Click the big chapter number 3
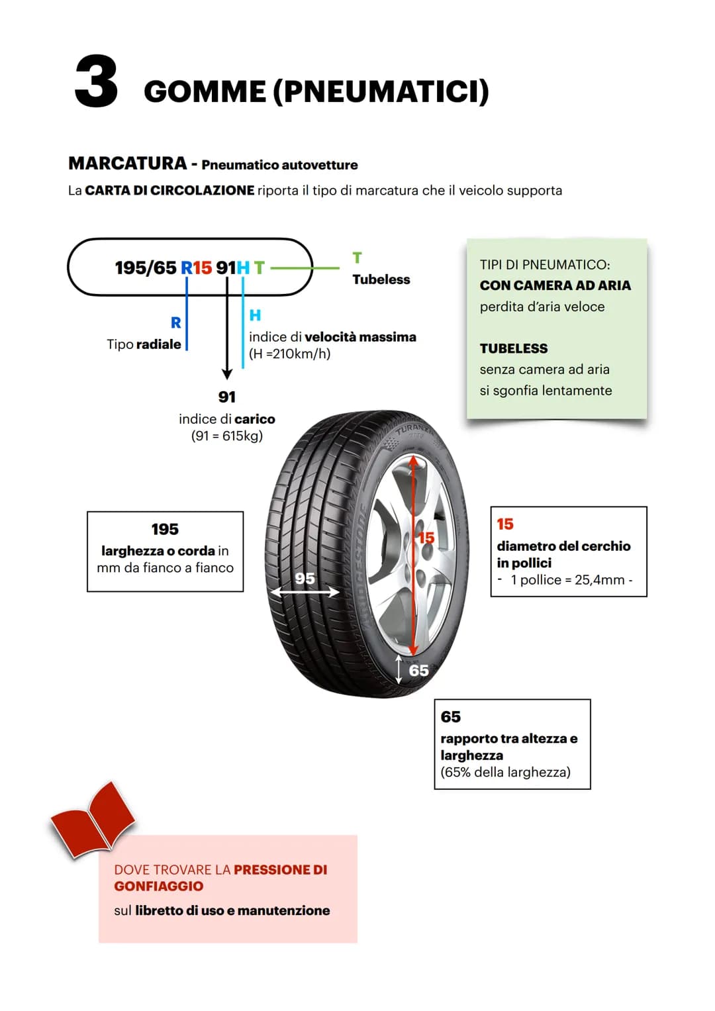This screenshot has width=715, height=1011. tap(96, 81)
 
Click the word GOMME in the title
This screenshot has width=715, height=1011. tap(205, 91)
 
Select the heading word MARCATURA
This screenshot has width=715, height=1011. tap(128, 164)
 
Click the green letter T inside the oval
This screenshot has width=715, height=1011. tap(259, 267)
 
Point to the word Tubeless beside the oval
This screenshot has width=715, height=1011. tap(381, 279)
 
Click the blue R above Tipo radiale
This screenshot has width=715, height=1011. tap(175, 322)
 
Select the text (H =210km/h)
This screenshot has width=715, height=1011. tap(290, 354)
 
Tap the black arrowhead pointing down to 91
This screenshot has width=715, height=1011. tap(227, 374)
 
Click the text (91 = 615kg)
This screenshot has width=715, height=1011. tap(227, 436)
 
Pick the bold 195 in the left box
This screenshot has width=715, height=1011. tap(166, 529)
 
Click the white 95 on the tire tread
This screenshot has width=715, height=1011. tap(305, 578)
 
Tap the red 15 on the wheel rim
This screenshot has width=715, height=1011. tap(426, 538)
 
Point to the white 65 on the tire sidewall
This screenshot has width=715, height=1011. tap(418, 671)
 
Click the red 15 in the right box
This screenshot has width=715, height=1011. tap(505, 524)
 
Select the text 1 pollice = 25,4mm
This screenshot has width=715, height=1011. tap(568, 580)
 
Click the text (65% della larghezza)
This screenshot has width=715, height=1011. tap(506, 772)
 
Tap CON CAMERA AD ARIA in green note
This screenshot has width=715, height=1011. tap(555, 285)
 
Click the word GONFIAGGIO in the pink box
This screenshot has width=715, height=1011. tap(159, 887)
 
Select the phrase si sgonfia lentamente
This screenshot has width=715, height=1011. tap(546, 391)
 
